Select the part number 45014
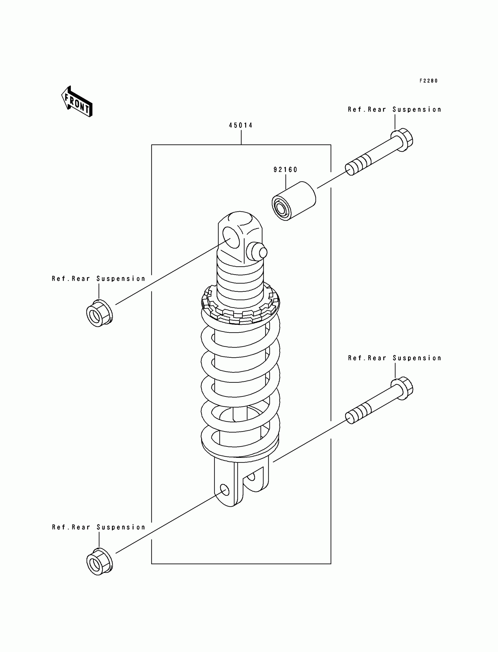pyautogui.click(x=241, y=126)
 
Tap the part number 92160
pyautogui.click(x=285, y=170)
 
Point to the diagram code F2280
pyautogui.click(x=428, y=81)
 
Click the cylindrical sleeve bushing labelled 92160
pyautogui.click(x=294, y=201)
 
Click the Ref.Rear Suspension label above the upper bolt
pyautogui.click(x=395, y=110)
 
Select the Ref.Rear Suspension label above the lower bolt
pyautogui.click(x=395, y=358)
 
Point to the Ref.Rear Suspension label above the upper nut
pyautogui.click(x=99, y=279)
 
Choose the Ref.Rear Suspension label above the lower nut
pyautogui.click(x=99, y=527)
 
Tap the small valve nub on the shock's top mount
pyautogui.click(x=257, y=252)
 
